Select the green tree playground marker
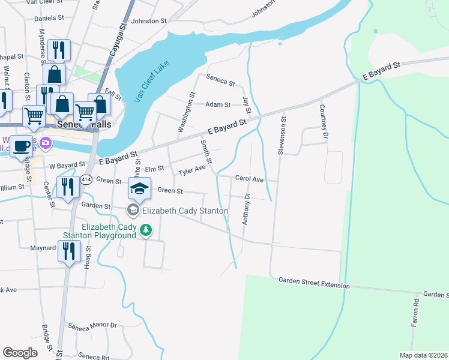145,230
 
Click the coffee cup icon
22,146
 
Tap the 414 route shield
86,179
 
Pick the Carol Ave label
249,179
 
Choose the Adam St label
218,104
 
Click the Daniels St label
49,19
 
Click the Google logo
20,353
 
